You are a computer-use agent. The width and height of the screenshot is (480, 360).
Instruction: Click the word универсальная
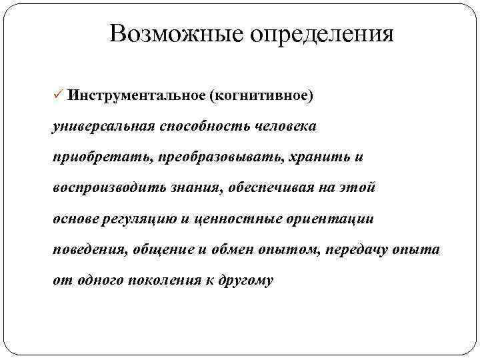click(x=103, y=126)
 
